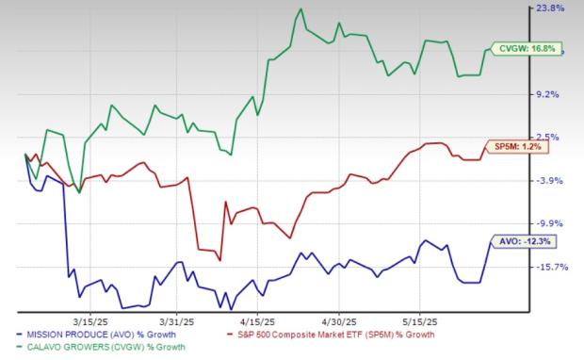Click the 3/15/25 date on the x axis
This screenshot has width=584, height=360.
point(98,317)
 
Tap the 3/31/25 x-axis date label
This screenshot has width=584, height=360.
point(178,317)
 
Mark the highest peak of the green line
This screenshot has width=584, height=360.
point(300,9)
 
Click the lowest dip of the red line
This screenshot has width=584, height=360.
point(220,259)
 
